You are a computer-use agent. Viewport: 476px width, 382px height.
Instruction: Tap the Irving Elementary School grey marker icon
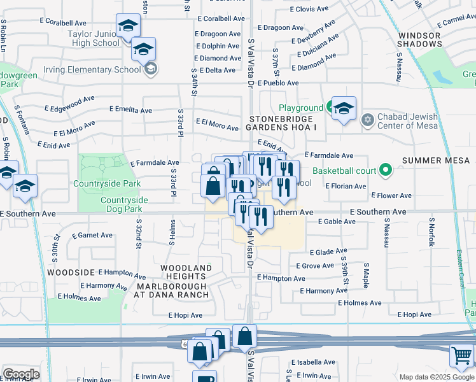click(x=151, y=69)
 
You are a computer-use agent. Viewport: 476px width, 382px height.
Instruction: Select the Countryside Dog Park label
click(x=124, y=204)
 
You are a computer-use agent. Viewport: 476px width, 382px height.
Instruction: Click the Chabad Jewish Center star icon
click(x=367, y=120)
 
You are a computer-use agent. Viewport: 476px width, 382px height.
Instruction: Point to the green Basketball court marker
click(x=384, y=170)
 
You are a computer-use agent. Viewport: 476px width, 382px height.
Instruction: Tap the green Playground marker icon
click(x=330, y=108)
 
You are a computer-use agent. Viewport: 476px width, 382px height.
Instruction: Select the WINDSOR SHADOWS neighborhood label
click(x=419, y=39)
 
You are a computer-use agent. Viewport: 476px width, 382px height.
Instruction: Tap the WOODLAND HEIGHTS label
click(x=186, y=272)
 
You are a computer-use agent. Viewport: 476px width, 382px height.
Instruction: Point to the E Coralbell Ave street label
click(x=221, y=19)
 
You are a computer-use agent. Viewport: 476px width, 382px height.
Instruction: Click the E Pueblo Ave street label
click(x=278, y=83)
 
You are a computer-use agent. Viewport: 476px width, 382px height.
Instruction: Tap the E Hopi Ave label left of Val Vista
click(x=185, y=315)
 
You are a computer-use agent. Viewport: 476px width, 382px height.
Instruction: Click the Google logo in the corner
click(x=20, y=374)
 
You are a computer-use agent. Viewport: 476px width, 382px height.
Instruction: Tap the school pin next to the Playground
click(x=344, y=108)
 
